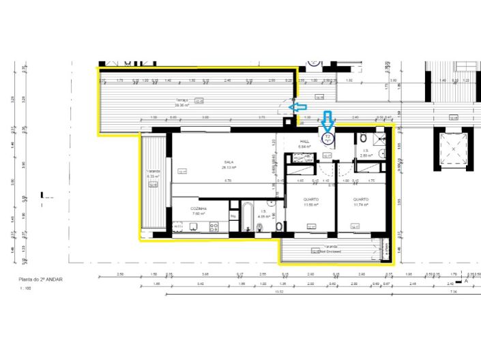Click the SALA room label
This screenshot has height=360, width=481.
225,162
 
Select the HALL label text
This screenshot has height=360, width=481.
304,142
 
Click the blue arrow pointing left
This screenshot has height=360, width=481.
298,106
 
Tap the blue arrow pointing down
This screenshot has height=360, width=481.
327,121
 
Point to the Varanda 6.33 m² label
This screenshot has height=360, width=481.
152,174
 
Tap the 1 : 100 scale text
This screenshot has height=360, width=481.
25,288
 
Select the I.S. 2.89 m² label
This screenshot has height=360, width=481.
366,153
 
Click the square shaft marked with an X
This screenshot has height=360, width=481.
452,148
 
